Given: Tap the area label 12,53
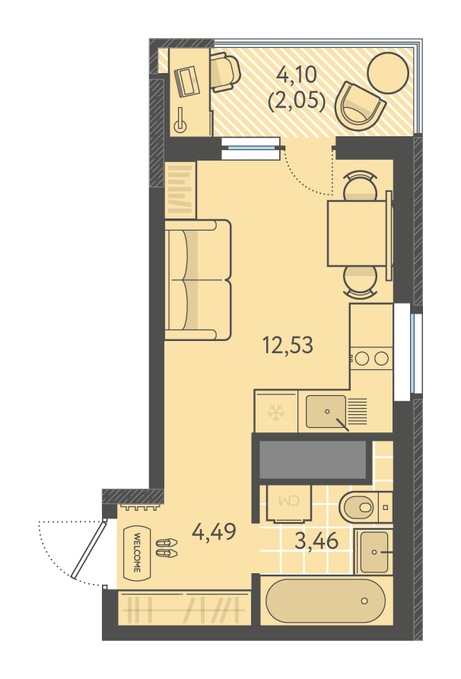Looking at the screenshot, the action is (x=288, y=345).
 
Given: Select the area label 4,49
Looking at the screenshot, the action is (x=215, y=531).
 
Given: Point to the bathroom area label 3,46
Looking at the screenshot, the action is (x=316, y=540).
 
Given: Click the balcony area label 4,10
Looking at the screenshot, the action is (x=297, y=75).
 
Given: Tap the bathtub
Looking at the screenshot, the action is (x=326, y=601).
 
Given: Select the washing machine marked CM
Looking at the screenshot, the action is (x=289, y=503).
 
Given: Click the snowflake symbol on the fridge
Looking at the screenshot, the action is (x=275, y=413).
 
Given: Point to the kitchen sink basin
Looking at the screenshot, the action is (x=326, y=411).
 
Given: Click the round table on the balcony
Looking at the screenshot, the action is (x=388, y=73).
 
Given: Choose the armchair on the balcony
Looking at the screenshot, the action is (x=360, y=105).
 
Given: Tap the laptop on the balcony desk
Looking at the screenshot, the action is (x=186, y=81).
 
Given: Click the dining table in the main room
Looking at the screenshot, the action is (x=357, y=233).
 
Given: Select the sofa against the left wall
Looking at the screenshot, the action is (x=197, y=279).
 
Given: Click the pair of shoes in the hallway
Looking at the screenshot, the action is (x=167, y=548).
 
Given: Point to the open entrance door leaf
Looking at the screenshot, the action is (x=89, y=550).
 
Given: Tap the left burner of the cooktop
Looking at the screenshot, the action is (x=362, y=358).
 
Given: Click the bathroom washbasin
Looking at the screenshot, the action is (x=374, y=552).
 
